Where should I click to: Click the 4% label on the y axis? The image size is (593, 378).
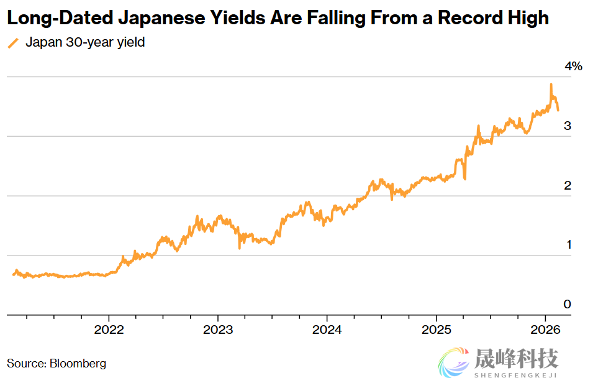[573, 67]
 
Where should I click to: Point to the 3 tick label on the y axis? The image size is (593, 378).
[567, 126]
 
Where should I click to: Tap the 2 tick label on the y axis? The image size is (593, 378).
[567, 185]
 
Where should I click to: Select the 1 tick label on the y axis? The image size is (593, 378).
[568, 244]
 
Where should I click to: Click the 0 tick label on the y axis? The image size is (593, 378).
[567, 304]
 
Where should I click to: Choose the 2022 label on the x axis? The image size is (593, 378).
[109, 330]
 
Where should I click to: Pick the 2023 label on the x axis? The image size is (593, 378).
[218, 330]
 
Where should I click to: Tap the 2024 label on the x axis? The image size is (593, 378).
[327, 330]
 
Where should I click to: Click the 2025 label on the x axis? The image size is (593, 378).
[436, 330]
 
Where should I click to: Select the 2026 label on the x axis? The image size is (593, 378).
[545, 330]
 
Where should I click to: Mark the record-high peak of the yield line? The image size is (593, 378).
[551, 85]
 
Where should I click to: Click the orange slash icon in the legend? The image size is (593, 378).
[13, 44]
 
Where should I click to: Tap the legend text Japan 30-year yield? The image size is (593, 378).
[85, 44]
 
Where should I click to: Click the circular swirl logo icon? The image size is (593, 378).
[455, 362]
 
